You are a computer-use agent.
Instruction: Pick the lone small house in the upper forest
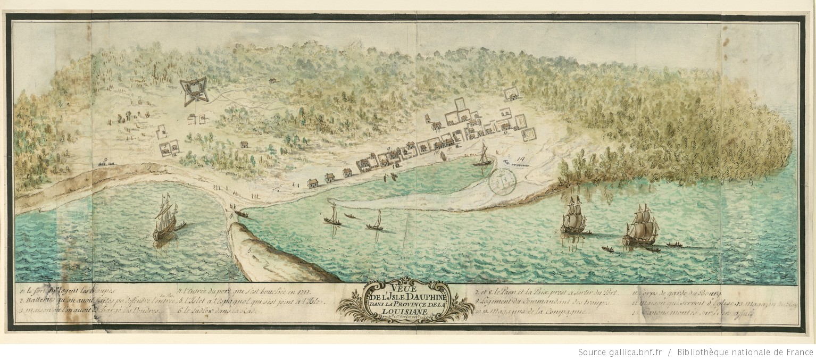272,81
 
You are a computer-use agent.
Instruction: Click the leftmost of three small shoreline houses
313,183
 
